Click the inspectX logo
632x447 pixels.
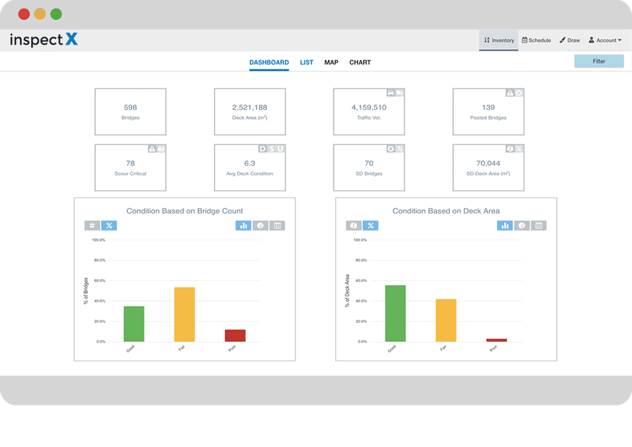(44, 40)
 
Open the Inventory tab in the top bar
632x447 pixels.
(499, 40)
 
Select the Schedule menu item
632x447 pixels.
(536, 40)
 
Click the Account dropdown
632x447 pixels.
(605, 40)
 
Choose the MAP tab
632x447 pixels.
(331, 62)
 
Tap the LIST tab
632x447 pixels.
(307, 62)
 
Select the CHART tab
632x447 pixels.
(360, 62)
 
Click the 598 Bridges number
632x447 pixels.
(130, 107)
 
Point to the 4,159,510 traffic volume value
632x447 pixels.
(369, 107)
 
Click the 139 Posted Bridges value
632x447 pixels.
(489, 107)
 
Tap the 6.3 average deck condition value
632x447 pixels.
(250, 163)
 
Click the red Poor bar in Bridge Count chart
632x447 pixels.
(235, 336)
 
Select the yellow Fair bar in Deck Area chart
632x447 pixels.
(446, 321)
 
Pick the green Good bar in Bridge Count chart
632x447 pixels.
(134, 324)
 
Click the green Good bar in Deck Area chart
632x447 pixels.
(396, 314)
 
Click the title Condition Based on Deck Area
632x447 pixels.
(446, 211)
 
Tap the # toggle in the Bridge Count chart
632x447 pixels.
(92, 225)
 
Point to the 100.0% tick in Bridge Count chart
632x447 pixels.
(98, 240)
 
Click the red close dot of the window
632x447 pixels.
(24, 14)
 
